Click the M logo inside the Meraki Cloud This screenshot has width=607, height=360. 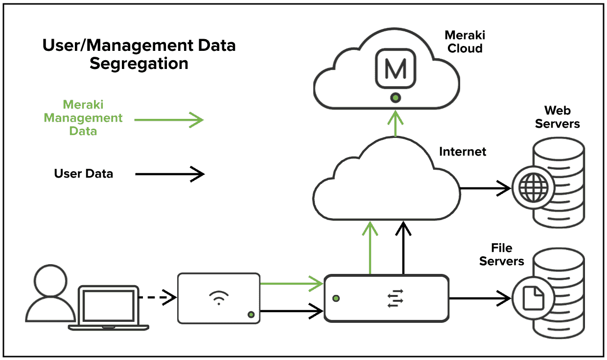click(396, 70)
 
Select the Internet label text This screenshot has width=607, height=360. click(463, 152)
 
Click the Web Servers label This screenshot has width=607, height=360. click(557, 117)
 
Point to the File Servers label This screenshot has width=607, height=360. click(502, 254)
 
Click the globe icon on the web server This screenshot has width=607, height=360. click(532, 187)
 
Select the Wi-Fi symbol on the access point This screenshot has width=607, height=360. click(218, 297)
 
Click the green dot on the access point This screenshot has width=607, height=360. click(251, 314)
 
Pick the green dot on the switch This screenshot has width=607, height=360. click(336, 298)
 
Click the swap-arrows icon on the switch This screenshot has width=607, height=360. click(395, 298)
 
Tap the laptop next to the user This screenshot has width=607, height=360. click(109, 307)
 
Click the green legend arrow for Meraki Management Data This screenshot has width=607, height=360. click(169, 119)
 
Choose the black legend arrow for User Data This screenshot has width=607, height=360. click(169, 173)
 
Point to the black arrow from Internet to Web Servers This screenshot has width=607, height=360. click(485, 187)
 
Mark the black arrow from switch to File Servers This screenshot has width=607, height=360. click(480, 297)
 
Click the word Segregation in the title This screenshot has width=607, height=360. click(139, 64)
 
